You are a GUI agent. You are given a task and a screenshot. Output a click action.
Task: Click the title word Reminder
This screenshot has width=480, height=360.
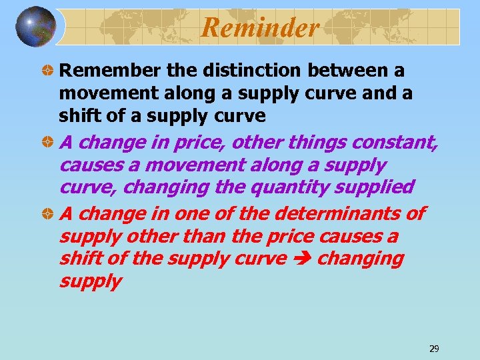(260, 27)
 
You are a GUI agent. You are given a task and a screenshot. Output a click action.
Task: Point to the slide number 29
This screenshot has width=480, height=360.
(434, 349)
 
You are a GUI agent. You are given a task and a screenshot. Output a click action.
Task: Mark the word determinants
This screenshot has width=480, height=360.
(341, 214)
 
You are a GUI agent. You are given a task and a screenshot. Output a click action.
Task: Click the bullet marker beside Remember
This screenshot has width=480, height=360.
(48, 71)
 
